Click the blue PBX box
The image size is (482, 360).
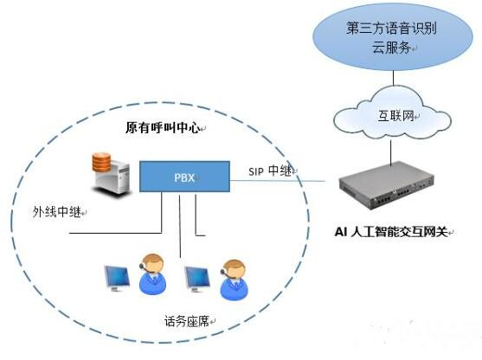point(184,177)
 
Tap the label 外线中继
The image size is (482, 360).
point(57,212)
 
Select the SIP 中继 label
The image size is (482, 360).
point(270,170)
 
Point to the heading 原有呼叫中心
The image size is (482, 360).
point(163,127)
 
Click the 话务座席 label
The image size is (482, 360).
point(187,321)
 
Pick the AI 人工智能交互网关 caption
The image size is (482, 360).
point(390,232)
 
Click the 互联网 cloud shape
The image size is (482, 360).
point(393,112)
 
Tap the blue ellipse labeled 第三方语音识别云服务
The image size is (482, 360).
point(393,37)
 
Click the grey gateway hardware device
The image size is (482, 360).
point(387,185)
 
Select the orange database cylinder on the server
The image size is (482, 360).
point(101,162)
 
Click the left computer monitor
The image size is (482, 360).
point(117,279)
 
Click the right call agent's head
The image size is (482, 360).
point(234,270)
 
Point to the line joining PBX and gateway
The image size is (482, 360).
point(278,181)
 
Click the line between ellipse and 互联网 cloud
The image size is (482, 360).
point(394,78)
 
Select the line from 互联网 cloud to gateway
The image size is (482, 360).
point(391,152)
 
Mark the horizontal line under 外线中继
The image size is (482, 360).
point(116,233)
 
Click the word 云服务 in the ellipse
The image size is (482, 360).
point(392,48)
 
